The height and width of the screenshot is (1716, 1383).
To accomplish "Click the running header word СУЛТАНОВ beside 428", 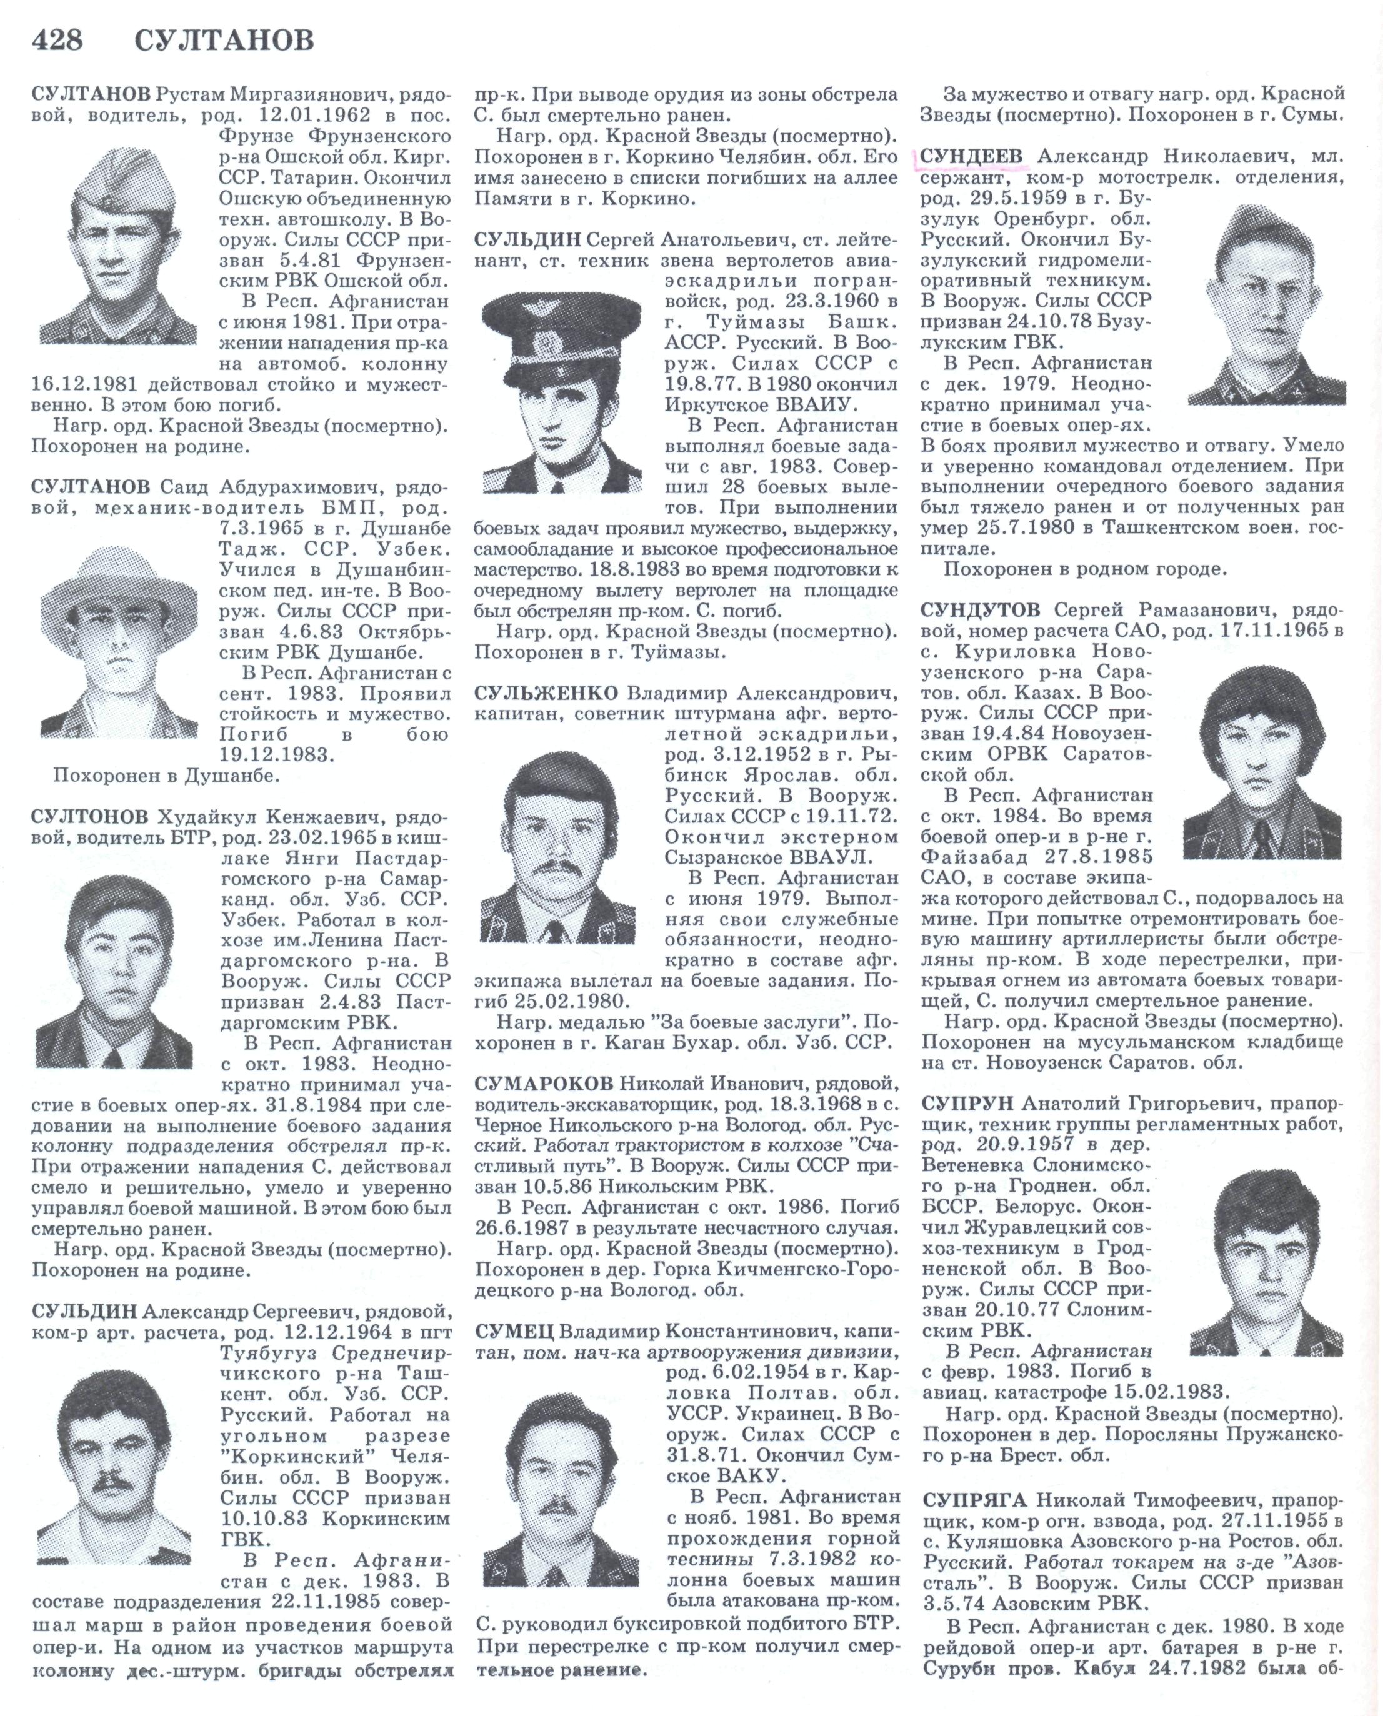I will pyautogui.click(x=224, y=40).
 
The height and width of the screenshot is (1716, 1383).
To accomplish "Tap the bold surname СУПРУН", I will pyautogui.click(x=968, y=1104).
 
